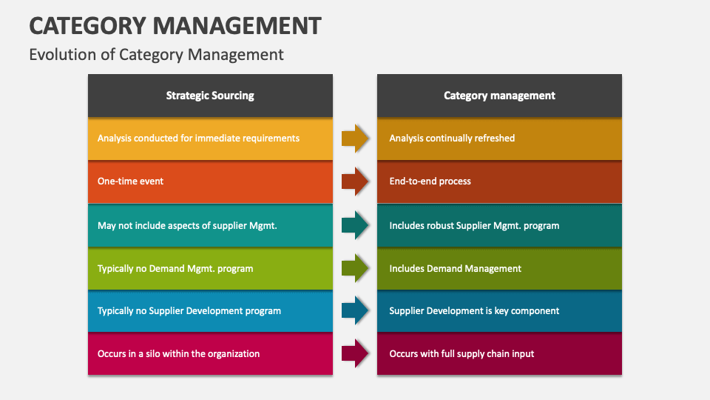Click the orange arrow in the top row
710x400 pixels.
pos(355,139)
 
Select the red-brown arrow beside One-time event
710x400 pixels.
pos(355,181)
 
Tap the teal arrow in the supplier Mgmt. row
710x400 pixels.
pos(355,225)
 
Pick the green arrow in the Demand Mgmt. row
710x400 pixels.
pos(355,268)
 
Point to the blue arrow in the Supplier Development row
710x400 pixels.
pos(355,311)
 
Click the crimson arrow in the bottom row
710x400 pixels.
pos(355,354)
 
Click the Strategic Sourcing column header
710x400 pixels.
pos(210,96)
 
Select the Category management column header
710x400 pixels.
pos(499,96)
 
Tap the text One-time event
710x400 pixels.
pos(131,181)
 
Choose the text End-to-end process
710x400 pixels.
pos(430,181)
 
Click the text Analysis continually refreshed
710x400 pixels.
pos(452,139)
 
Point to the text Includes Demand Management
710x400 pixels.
pos(455,269)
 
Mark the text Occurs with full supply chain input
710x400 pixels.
pos(461,354)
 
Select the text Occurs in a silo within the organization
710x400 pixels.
pos(178,354)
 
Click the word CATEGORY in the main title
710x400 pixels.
pos(86,26)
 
